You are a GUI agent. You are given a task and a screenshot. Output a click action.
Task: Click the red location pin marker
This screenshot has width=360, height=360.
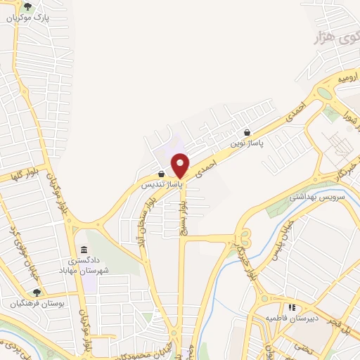point(181,165)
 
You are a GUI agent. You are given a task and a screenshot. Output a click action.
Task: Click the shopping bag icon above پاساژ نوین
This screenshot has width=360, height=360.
point(247,132)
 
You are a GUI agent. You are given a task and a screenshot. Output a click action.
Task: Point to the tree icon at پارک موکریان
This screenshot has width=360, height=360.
point(27,7)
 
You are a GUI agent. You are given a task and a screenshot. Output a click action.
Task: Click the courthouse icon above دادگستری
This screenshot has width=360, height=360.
point(84,250)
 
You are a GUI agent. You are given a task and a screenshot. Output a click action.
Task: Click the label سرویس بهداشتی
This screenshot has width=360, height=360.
point(329,199)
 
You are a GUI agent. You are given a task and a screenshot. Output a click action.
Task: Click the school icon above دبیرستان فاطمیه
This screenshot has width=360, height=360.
point(291,307)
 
